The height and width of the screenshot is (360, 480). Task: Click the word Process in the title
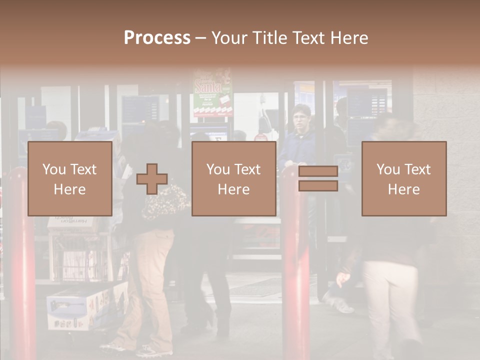(x=157, y=38)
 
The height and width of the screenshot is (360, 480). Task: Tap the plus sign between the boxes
(x=152, y=179)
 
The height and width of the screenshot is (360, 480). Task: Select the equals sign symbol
(x=318, y=178)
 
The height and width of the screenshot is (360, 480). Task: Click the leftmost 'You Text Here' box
(x=69, y=178)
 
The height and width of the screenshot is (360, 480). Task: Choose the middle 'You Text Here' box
(x=233, y=178)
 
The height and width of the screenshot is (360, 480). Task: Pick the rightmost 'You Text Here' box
(x=403, y=178)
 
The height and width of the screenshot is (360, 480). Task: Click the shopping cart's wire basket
(x=82, y=255)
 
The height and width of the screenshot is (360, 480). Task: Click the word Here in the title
(x=349, y=38)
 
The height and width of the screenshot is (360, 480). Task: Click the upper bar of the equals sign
(x=318, y=171)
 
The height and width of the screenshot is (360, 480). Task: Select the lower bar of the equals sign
(x=318, y=186)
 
